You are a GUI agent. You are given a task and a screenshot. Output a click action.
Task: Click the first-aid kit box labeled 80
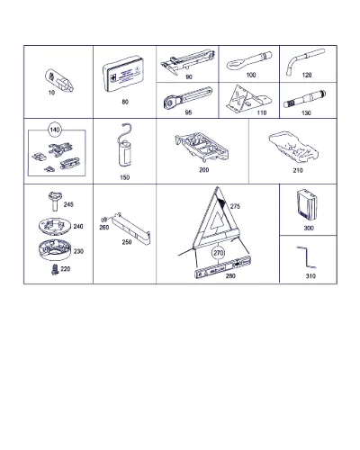point(123,75)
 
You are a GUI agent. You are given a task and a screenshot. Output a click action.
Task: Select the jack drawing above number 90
point(187,62)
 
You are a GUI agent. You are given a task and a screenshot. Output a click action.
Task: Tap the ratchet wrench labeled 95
point(188,98)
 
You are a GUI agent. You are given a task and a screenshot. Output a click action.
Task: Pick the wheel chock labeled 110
point(248,98)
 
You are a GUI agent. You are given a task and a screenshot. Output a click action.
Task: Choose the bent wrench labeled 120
point(305,61)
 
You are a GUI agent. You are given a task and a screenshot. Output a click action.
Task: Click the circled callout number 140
point(55,130)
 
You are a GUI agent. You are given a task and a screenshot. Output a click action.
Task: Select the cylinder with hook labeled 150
point(125,145)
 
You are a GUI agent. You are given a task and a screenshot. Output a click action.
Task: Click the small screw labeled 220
point(55,269)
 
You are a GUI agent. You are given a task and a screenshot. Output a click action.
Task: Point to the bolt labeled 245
point(55,202)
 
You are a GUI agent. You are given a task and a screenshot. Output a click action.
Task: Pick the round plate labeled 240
point(55,226)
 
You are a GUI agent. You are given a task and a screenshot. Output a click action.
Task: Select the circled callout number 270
point(219,253)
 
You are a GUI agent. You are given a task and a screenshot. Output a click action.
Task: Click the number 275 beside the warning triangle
point(235,206)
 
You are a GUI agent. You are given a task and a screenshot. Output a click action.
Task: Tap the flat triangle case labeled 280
point(222,268)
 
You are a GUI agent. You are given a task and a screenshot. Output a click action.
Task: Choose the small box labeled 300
point(307,205)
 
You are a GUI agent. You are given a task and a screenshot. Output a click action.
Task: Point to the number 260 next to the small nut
point(104,228)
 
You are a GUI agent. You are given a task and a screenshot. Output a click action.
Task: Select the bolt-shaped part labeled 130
point(305,99)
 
